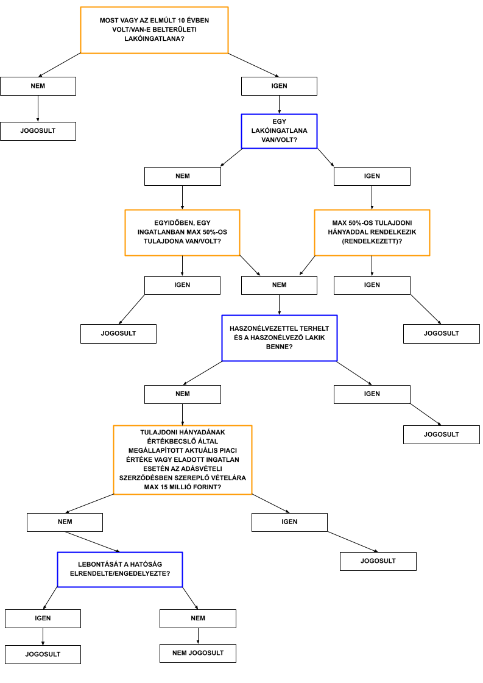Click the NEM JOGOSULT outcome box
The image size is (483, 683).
198,653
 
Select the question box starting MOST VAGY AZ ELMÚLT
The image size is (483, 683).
154,30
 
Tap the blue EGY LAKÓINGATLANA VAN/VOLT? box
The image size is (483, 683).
279,131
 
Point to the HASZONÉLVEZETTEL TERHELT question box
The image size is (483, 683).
279,338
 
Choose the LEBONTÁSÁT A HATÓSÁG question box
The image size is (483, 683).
120,569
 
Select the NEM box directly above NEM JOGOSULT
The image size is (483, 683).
198,618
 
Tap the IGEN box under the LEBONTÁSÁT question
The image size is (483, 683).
43,618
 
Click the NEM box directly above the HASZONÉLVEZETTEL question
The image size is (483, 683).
279,285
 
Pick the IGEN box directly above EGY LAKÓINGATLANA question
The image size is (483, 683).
279,87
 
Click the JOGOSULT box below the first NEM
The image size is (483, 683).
38,131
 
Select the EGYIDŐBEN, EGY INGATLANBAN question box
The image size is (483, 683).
182,232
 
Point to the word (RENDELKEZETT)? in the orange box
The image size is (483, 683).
372,241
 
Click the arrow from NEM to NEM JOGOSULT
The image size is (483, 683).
198,636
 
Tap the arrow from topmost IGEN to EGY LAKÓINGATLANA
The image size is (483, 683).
279,105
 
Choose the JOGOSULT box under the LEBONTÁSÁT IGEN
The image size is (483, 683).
43,654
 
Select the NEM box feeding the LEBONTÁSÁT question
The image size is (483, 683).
65,522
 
